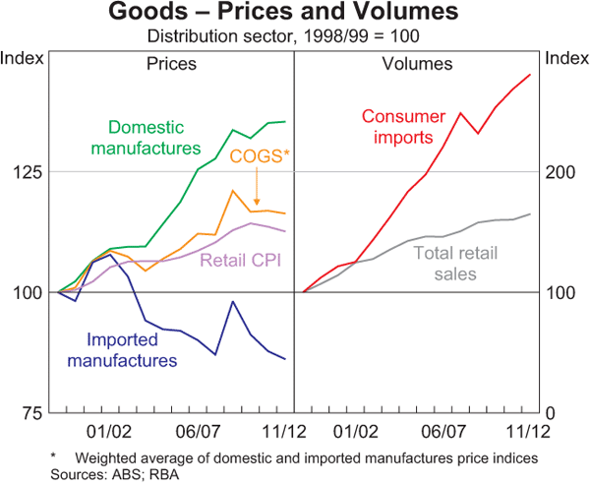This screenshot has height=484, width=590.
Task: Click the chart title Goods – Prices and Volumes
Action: (x=295, y=14)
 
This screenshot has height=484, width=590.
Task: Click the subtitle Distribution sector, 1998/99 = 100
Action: (x=295, y=36)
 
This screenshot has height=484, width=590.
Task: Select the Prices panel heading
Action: (x=171, y=65)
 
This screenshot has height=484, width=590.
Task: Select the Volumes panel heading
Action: (x=416, y=65)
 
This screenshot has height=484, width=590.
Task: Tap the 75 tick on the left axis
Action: (x=31, y=412)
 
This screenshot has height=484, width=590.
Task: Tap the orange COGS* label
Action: (x=260, y=156)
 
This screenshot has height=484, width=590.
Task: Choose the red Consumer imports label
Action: (x=404, y=127)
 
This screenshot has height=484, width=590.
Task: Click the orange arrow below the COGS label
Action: (x=256, y=187)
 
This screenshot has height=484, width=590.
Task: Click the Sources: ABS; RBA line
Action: (x=107, y=473)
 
